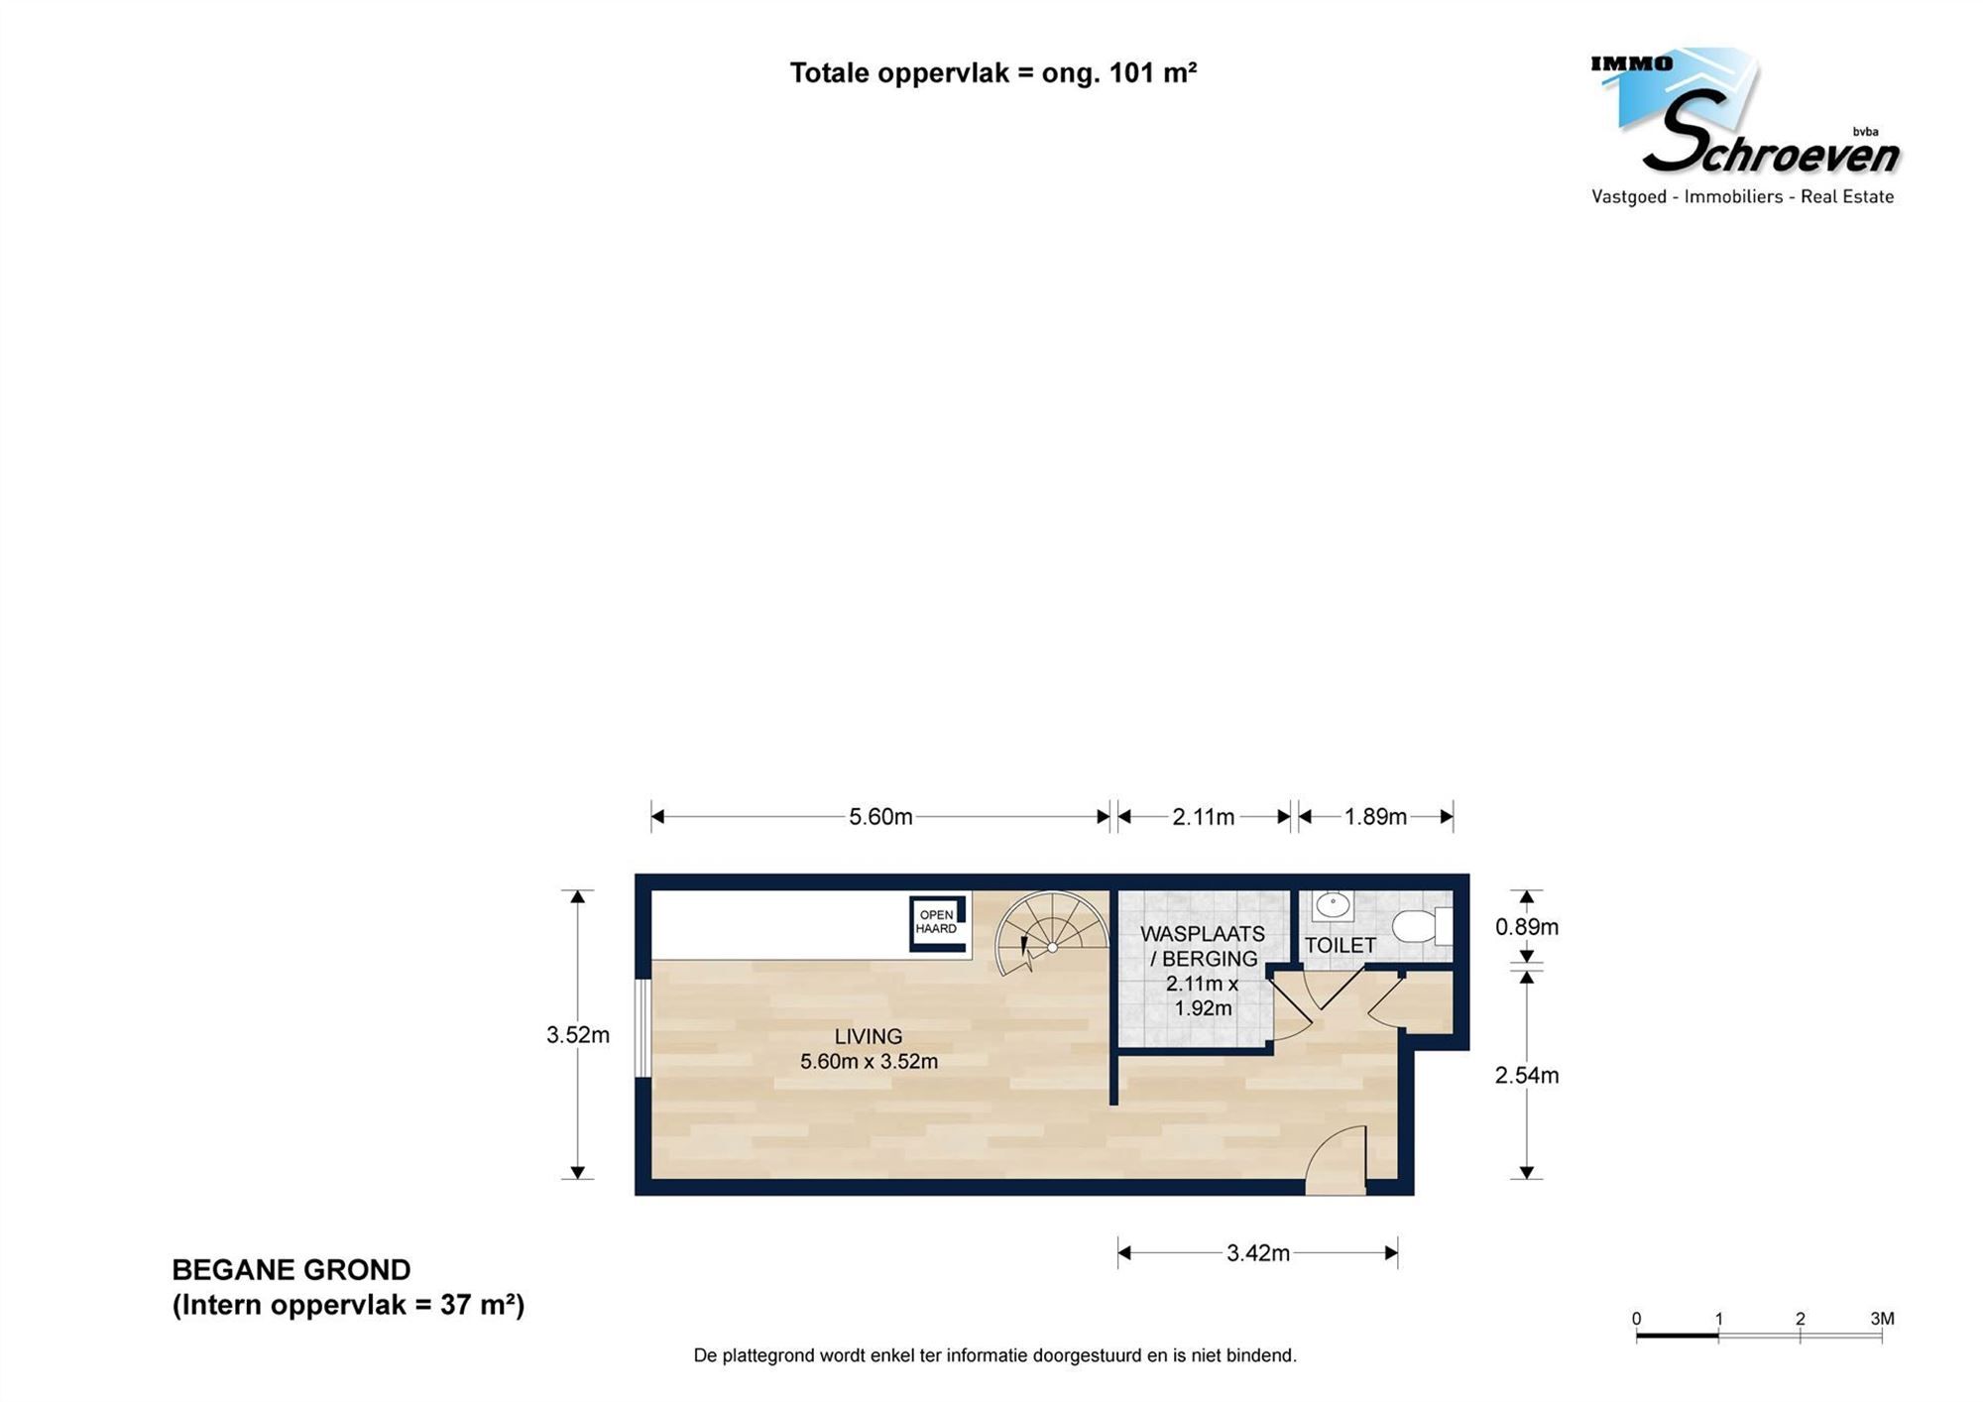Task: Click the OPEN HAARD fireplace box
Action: pos(937,923)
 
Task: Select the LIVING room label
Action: pos(868,1036)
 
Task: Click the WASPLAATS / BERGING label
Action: pos(1203,946)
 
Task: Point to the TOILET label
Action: pos(1340,945)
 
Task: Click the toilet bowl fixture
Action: pos(1416,926)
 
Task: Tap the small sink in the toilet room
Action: pos(1333,904)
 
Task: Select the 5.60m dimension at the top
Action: pos(879,817)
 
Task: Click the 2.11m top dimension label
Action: pos(1203,817)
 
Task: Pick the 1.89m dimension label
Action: pos(1375,817)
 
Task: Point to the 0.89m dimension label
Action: pos(1526,927)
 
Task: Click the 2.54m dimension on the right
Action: pos(1526,1075)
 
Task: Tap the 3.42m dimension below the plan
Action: pos(1257,1253)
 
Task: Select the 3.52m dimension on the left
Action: pos(577,1035)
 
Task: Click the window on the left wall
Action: pos(642,1027)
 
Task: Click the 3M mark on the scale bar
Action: pos(1881,1319)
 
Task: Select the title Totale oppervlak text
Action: pos(992,73)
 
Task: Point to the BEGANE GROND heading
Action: pos(292,1270)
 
